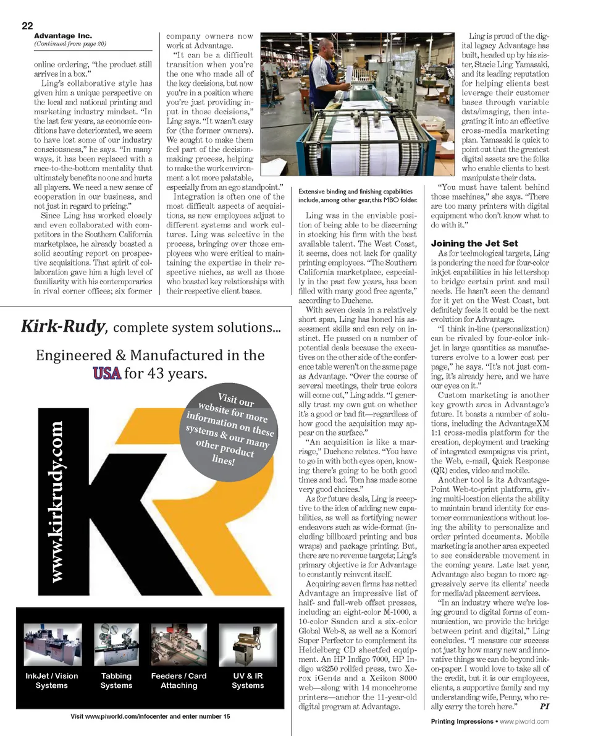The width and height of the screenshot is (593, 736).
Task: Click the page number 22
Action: [x=27, y=25]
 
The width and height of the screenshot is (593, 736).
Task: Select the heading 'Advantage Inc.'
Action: [x=62, y=36]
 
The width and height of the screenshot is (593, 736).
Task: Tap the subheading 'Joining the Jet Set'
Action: [x=474, y=243]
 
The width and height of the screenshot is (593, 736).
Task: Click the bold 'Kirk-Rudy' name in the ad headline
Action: [x=62, y=326]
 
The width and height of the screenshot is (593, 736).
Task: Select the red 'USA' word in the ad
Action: [x=106, y=373]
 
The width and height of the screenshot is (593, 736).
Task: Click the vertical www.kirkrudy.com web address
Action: [x=56, y=501]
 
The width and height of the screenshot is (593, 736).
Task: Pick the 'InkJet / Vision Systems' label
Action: [x=52, y=680]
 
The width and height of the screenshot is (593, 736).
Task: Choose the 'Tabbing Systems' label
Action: [x=116, y=680]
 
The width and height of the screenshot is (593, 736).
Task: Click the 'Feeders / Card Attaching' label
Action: [x=179, y=680]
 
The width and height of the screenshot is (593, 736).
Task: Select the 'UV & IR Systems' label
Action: [x=248, y=680]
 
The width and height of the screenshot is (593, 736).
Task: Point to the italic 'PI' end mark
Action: [x=544, y=705]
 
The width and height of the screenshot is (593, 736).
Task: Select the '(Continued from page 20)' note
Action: [x=70, y=44]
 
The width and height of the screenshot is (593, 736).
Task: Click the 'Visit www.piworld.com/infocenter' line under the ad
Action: [x=150, y=716]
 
